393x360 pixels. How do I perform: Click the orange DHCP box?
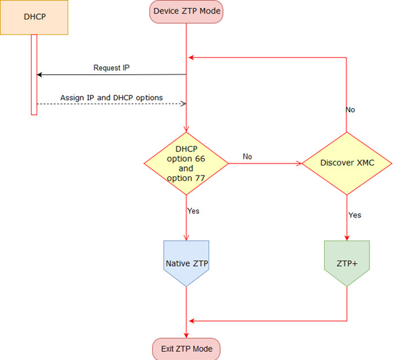[34, 18]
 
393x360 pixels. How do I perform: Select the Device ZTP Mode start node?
[186, 11]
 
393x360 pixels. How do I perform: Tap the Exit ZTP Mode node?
[186, 349]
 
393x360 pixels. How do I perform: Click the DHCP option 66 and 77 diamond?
[185, 163]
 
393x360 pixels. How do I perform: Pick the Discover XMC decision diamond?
[346, 163]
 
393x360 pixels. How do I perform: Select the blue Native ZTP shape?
[186, 263]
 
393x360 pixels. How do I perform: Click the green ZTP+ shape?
[346, 263]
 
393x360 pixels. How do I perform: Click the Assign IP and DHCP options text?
[111, 98]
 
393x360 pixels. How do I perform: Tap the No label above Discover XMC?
[350, 109]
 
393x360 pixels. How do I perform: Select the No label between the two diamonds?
[247, 157]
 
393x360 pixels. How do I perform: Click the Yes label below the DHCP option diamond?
[193, 211]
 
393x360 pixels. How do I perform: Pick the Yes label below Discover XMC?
[355, 215]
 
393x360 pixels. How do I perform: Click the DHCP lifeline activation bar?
[34, 74]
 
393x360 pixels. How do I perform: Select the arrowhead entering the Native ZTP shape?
[186, 237]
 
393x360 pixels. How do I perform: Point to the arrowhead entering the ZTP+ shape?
[346, 237]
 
